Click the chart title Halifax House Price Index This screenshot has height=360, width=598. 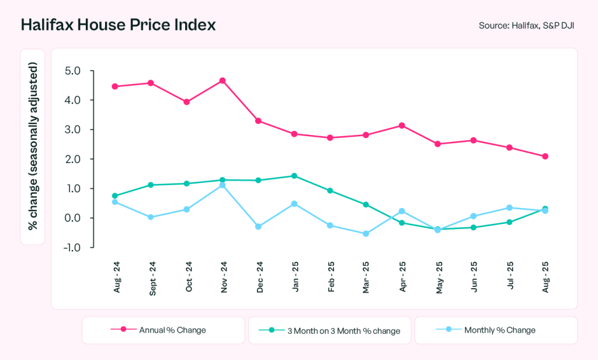pyautogui.click(x=118, y=25)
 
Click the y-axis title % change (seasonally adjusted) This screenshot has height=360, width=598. pyautogui.click(x=33, y=147)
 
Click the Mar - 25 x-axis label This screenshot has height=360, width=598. pyautogui.click(x=366, y=278)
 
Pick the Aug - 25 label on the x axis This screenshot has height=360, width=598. pyautogui.click(x=545, y=278)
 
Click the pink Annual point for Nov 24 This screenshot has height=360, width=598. pyautogui.click(x=222, y=81)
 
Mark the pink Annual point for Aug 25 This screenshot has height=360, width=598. pyautogui.click(x=545, y=156)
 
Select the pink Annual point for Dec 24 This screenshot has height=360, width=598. pyautogui.click(x=258, y=121)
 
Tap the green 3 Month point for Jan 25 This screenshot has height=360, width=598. pyautogui.click(x=294, y=176)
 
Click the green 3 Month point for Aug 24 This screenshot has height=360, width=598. pyautogui.click(x=115, y=196)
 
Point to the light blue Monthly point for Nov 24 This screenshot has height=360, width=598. pyautogui.click(x=222, y=185)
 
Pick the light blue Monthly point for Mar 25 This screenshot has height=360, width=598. pyautogui.click(x=366, y=234)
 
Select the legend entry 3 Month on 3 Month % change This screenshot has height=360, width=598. pyautogui.click(x=330, y=330)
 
